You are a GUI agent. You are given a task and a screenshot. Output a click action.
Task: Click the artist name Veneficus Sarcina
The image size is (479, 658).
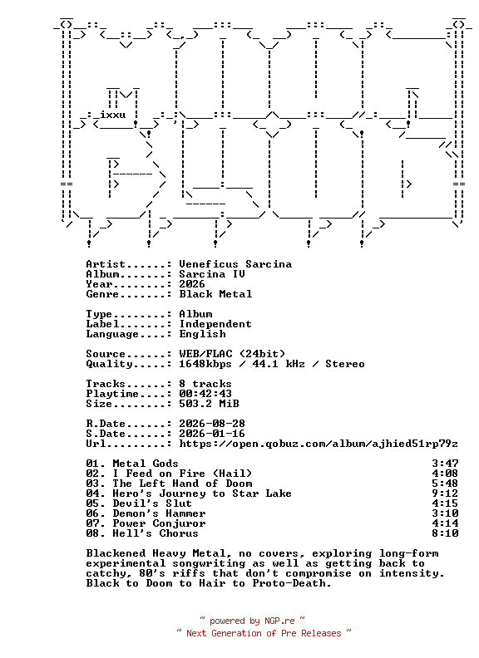235,264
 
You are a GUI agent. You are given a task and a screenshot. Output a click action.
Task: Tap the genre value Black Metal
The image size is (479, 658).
215,294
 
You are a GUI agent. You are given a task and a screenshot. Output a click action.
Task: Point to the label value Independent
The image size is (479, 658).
215,324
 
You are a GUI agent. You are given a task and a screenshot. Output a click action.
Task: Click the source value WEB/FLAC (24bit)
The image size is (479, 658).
232,354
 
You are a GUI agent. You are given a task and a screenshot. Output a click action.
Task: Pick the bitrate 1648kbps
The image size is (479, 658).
205,364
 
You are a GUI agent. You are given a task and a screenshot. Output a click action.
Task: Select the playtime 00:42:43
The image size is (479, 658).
205,394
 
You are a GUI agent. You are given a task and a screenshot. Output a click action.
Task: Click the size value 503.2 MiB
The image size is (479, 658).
209,404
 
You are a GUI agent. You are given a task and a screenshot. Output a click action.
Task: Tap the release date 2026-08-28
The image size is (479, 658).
212,424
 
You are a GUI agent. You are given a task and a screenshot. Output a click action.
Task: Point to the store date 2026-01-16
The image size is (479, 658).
212,434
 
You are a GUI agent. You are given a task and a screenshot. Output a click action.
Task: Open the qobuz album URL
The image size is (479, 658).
319,444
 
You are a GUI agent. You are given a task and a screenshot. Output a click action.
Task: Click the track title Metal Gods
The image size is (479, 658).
146,464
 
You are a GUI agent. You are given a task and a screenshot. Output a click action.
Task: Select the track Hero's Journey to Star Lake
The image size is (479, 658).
202,493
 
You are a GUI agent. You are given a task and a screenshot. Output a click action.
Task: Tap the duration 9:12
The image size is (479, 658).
445,493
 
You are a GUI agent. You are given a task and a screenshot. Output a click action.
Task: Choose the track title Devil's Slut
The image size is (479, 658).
152,503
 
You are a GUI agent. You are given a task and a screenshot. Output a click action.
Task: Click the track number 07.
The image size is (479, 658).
92,523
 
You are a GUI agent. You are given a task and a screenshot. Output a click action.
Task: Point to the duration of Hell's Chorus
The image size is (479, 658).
445,533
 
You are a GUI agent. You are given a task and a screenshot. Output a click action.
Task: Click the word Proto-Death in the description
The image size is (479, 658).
292,583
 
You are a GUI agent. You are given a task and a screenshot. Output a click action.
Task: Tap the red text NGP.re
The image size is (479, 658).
279,621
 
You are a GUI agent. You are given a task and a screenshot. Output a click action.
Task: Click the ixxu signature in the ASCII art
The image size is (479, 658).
112,115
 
